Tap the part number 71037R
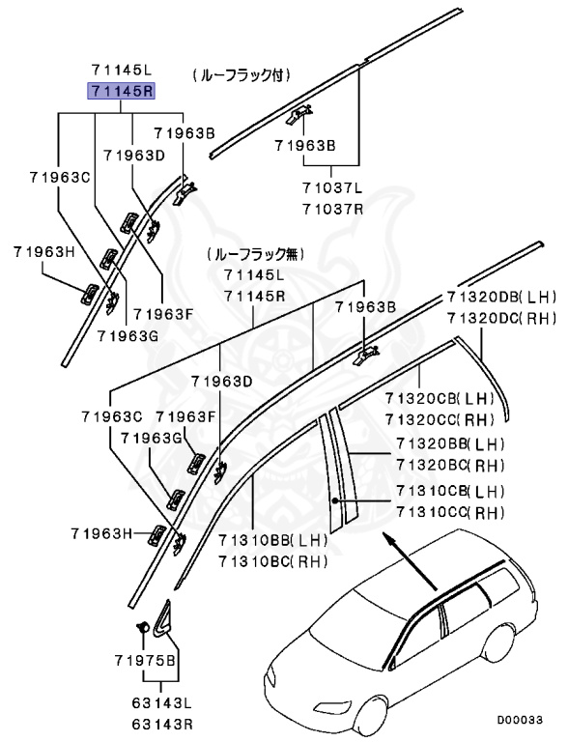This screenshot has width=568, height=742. pos(331,209)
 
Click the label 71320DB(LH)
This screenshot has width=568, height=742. pos(501,298)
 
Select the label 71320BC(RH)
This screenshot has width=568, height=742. pos(450,465)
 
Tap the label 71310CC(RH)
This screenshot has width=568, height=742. pos(450,512)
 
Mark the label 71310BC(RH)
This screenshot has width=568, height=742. pos(273,561)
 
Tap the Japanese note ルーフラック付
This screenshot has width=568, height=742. pos(241,73)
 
